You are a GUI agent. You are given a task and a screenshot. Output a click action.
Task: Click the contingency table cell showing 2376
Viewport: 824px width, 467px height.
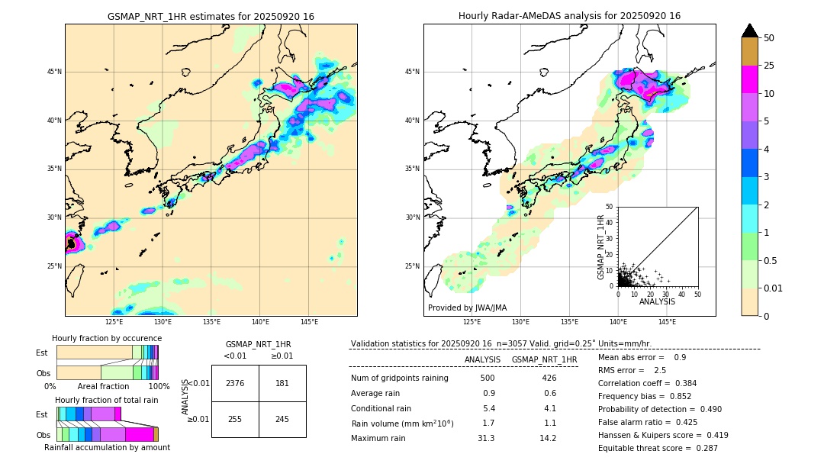[x=235, y=383]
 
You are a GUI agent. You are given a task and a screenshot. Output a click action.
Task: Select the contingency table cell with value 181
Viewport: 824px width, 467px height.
[x=282, y=383]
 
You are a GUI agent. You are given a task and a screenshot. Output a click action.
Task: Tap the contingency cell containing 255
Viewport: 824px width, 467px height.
[x=235, y=419]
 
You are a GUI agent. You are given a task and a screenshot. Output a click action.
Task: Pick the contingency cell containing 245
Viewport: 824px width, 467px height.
[x=282, y=419]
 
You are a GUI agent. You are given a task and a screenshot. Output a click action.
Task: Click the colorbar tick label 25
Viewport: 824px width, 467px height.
[x=769, y=66]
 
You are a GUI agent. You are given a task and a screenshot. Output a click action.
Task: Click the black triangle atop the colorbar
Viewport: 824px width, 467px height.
[x=750, y=31]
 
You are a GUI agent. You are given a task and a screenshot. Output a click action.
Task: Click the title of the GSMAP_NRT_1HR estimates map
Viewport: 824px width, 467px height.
[x=211, y=16]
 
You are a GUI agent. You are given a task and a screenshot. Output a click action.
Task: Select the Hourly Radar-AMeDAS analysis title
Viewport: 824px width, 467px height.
[x=569, y=16]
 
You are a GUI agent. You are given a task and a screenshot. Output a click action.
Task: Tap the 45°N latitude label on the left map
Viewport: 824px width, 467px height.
[x=54, y=72]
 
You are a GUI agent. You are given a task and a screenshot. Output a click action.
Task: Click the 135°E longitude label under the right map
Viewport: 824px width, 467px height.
[x=569, y=322]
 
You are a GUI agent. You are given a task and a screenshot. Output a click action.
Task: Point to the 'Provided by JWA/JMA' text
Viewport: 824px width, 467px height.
[x=467, y=308]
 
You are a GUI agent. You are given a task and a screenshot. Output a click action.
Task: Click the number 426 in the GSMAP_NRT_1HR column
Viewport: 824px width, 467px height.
[x=549, y=378]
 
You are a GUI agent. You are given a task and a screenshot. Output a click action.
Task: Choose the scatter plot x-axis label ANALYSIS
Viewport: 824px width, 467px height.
[x=657, y=301]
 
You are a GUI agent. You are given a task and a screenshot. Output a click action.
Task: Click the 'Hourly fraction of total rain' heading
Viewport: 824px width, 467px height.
[x=106, y=400]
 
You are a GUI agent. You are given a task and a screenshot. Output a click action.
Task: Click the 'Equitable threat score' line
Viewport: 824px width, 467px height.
[x=658, y=448]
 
